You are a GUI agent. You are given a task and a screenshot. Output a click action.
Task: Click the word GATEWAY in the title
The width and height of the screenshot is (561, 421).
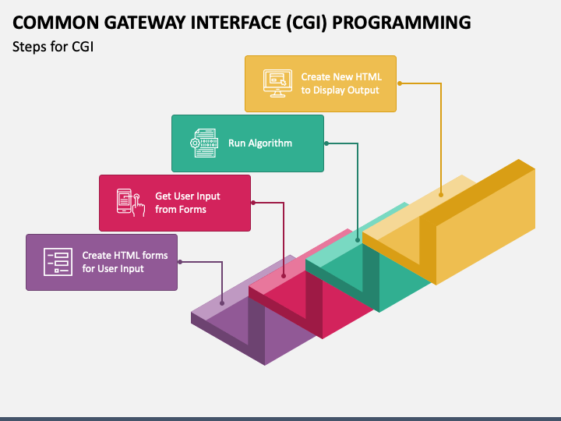[145, 23]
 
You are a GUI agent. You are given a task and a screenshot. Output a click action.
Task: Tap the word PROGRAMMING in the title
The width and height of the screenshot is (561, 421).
[401, 23]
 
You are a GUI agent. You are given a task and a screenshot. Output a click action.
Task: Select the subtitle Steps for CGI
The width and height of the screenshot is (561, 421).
[53, 47]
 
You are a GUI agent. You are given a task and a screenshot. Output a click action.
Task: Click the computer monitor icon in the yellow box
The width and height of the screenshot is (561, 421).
[277, 83]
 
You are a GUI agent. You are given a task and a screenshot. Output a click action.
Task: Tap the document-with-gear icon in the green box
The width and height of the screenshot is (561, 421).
[204, 143]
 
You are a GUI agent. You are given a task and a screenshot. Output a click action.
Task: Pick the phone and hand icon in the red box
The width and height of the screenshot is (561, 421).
[131, 203]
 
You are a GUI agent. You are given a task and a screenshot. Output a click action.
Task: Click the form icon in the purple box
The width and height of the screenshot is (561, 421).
[58, 262]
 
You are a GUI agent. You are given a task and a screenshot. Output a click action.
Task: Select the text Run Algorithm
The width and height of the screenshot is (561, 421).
[260, 143]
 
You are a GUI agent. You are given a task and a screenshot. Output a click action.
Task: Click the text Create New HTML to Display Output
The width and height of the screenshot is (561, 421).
[341, 83]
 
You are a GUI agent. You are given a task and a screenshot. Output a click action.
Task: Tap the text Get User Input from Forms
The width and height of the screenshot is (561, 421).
[188, 203]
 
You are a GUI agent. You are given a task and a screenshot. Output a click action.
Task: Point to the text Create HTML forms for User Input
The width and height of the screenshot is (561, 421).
[125, 262]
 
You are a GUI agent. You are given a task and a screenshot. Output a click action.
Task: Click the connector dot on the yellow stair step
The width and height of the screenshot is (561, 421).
[441, 195]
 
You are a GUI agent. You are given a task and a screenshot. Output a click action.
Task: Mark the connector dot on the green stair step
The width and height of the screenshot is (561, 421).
[358, 240]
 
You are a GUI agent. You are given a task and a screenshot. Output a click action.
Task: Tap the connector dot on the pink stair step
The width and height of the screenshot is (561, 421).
[284, 276]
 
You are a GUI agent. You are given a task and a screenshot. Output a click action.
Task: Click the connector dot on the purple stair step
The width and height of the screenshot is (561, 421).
[222, 303]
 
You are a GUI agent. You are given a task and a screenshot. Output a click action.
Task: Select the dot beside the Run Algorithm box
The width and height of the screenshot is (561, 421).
[326, 143]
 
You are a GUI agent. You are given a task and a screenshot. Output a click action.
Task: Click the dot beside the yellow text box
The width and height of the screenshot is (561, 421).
[400, 83]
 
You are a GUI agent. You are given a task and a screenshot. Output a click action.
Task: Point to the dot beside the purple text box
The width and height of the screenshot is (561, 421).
[180, 262]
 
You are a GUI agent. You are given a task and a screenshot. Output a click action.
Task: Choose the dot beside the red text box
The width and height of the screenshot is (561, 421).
[253, 203]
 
